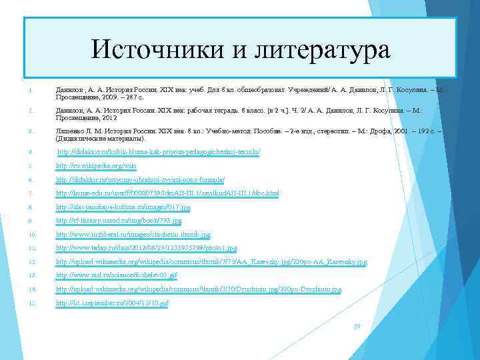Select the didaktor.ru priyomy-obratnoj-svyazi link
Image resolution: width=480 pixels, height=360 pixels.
tap(140, 179)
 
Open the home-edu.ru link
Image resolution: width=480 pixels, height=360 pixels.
tap(167, 193)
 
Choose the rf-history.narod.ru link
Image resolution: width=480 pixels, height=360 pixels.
tap(119, 221)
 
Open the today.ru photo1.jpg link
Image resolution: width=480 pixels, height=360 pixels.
tap(146, 248)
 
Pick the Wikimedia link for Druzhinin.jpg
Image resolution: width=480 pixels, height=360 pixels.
tap(199, 289)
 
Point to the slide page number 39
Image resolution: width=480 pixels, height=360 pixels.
tap(357, 327)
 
